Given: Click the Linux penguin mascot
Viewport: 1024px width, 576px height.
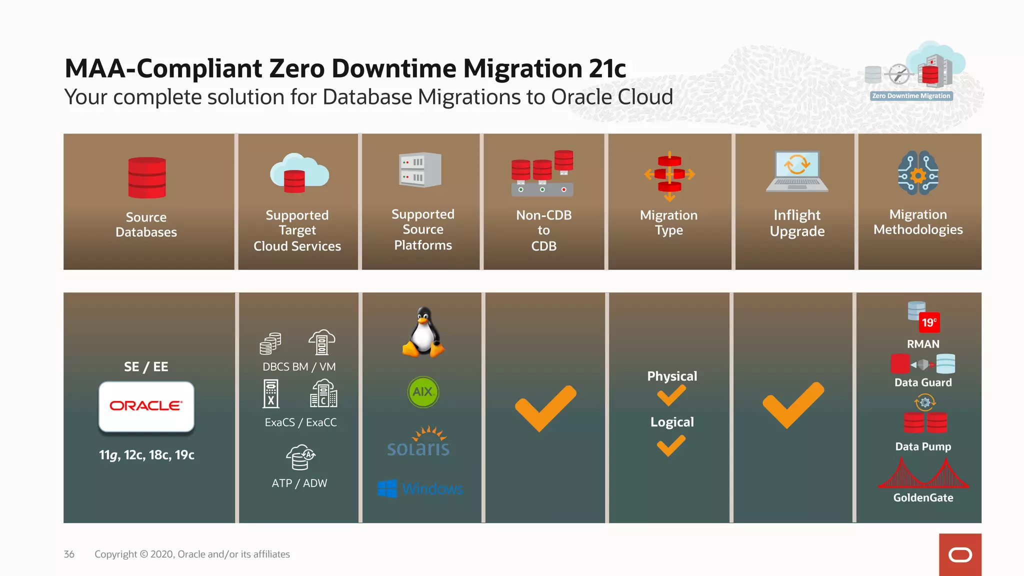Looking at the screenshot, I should (x=423, y=332).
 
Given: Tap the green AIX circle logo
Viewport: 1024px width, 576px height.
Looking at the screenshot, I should (x=423, y=392).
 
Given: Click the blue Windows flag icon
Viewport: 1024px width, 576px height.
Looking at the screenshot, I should (x=387, y=488).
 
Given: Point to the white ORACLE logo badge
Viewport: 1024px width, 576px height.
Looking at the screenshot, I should (x=146, y=406).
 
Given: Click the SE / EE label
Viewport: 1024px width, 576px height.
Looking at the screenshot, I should (x=146, y=367).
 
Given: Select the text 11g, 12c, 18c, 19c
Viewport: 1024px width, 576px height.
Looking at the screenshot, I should (x=146, y=455).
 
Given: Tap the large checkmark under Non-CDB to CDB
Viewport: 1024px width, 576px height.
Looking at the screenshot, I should (x=545, y=407).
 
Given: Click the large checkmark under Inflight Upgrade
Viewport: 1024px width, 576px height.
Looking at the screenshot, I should (x=793, y=404).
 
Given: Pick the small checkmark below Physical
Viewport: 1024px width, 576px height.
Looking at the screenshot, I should (x=671, y=396).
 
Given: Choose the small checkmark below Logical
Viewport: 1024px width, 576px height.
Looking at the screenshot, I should (x=671, y=445).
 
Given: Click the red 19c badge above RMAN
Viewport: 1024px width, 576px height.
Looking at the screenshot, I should (x=929, y=322).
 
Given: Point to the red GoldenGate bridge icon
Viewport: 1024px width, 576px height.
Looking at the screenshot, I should (x=923, y=474).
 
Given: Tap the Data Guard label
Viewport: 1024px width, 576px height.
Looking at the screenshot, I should (x=923, y=382).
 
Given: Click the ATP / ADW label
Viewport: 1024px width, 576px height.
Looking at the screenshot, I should (x=299, y=483).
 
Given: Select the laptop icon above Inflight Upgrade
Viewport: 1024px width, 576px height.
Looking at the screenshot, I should (x=797, y=171).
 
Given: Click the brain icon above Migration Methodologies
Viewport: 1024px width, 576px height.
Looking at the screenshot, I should (x=918, y=173).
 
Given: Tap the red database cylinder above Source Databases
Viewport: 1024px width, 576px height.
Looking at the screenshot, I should (x=146, y=178).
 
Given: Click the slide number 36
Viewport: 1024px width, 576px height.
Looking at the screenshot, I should (x=69, y=554).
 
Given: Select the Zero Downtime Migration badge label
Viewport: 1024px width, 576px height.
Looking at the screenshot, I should (x=911, y=96).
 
